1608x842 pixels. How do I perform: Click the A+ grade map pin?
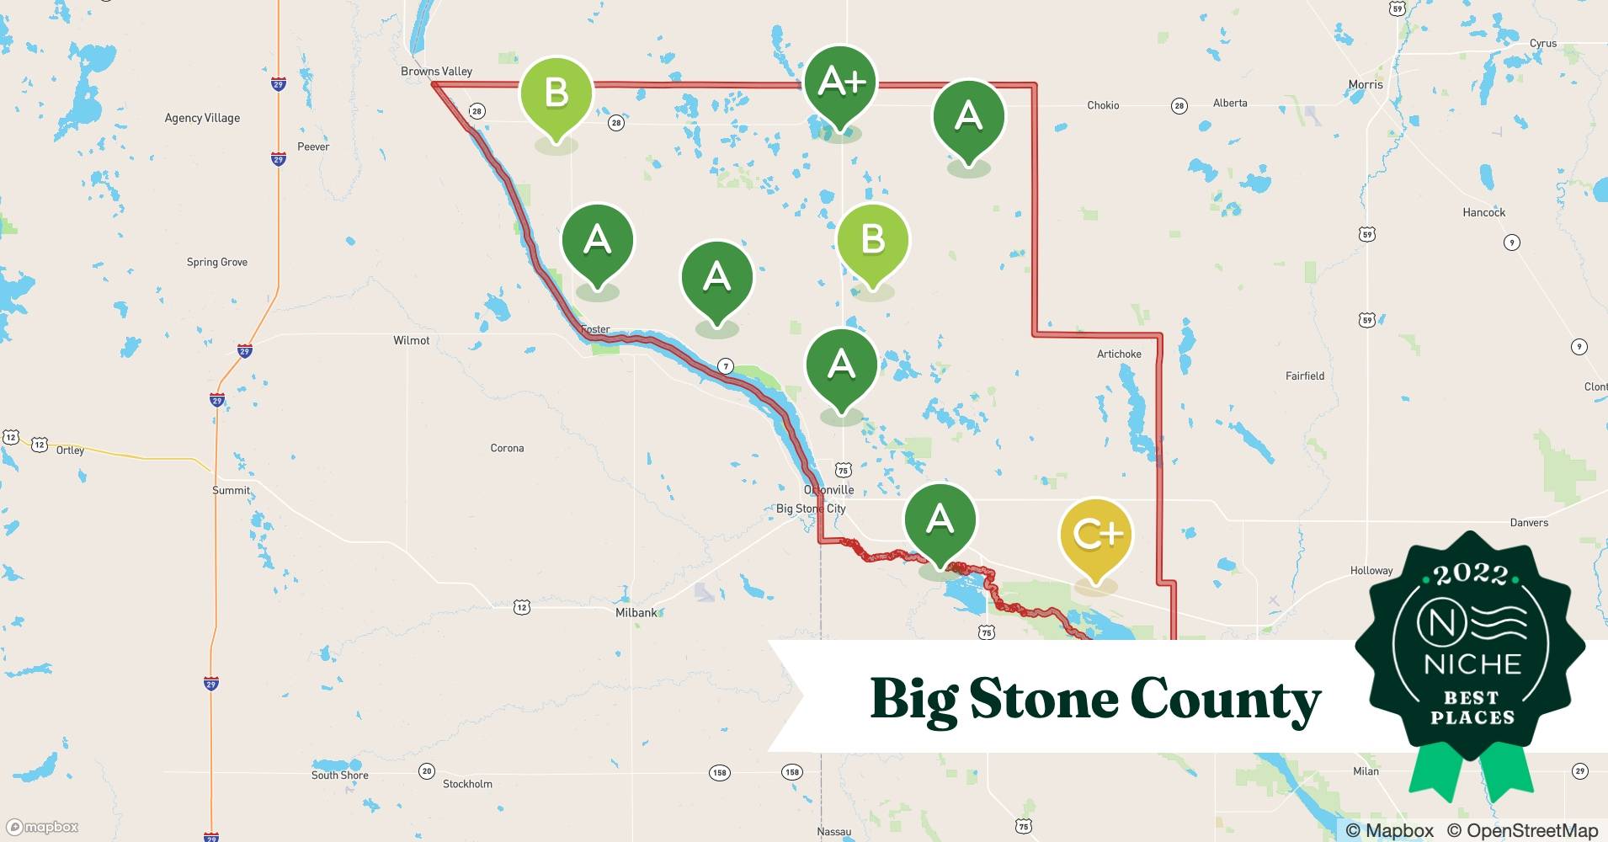[840, 83]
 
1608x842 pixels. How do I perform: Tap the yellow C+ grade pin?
[1095, 536]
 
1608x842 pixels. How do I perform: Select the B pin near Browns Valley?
[556, 93]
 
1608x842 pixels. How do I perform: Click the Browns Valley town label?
[436, 72]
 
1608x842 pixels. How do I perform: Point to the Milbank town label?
[636, 613]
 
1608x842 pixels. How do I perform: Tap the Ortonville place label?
[829, 490]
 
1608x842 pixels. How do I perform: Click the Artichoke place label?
[1119, 354]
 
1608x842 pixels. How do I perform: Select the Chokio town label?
[1103, 105]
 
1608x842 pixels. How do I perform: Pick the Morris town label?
[1365, 85]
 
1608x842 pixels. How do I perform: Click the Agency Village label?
[202, 118]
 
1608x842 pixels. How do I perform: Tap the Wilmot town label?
[411, 341]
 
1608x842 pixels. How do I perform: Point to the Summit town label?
[231, 491]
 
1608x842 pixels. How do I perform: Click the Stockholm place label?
[467, 784]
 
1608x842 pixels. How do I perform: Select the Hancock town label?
[1483, 213]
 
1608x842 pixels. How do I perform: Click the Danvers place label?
[1529, 523]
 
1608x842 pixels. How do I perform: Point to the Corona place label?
[507, 448]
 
